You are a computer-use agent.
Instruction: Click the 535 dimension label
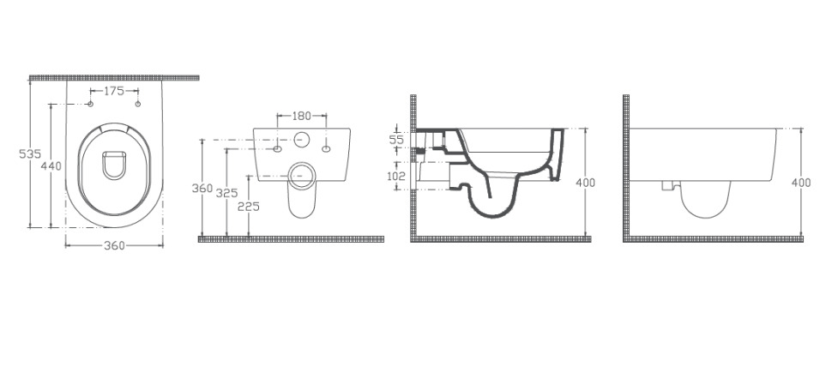click(30, 154)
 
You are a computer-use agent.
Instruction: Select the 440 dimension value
click(51, 166)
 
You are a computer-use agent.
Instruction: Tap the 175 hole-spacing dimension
click(113, 91)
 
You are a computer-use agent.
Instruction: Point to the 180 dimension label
click(302, 116)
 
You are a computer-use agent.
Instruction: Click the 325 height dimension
click(227, 193)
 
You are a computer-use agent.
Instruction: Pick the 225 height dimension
click(249, 207)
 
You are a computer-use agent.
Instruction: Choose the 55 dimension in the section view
click(397, 140)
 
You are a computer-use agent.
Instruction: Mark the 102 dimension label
click(395, 176)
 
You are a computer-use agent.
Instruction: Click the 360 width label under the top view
click(114, 245)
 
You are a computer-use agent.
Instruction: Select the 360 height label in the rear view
click(202, 188)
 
